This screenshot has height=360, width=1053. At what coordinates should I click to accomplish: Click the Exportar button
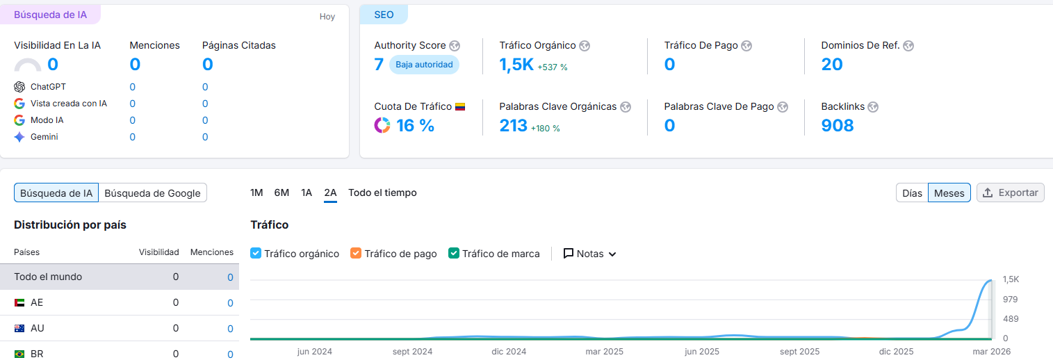pyautogui.click(x=1010, y=193)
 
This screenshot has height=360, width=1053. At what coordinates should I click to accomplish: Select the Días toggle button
pyautogui.click(x=912, y=193)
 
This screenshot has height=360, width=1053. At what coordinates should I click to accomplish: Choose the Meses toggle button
pyautogui.click(x=949, y=193)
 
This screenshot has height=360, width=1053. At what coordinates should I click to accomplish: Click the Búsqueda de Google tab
pyautogui.click(x=152, y=193)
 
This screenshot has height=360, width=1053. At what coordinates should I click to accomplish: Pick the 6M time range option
pyautogui.click(x=281, y=193)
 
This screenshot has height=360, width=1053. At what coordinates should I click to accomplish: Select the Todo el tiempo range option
pyautogui.click(x=382, y=193)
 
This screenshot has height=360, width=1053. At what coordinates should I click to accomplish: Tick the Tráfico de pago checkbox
pyautogui.click(x=356, y=253)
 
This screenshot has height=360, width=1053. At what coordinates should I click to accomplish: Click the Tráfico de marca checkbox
pyautogui.click(x=454, y=253)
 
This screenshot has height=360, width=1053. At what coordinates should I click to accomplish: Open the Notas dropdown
pyautogui.click(x=589, y=254)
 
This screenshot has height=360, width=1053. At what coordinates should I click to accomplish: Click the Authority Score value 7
pyautogui.click(x=379, y=65)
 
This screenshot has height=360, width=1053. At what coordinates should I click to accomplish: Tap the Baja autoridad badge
pyautogui.click(x=424, y=65)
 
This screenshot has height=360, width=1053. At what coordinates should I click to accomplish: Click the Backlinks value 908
pyautogui.click(x=838, y=126)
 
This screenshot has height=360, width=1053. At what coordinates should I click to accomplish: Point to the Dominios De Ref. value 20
pyautogui.click(x=832, y=65)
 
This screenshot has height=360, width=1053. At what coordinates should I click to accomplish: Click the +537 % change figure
pyautogui.click(x=553, y=67)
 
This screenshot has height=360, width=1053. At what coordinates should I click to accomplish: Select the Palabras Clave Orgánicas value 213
pyautogui.click(x=514, y=126)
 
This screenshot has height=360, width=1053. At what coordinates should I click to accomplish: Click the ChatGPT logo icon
pyautogui.click(x=19, y=87)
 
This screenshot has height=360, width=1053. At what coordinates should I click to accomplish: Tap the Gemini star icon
pyautogui.click(x=19, y=137)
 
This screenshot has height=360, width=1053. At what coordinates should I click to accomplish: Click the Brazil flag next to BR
pyautogui.click(x=19, y=354)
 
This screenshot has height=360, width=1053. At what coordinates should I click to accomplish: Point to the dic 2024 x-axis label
pyautogui.click(x=509, y=352)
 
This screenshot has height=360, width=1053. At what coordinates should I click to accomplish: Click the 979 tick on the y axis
pyautogui.click(x=1010, y=300)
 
